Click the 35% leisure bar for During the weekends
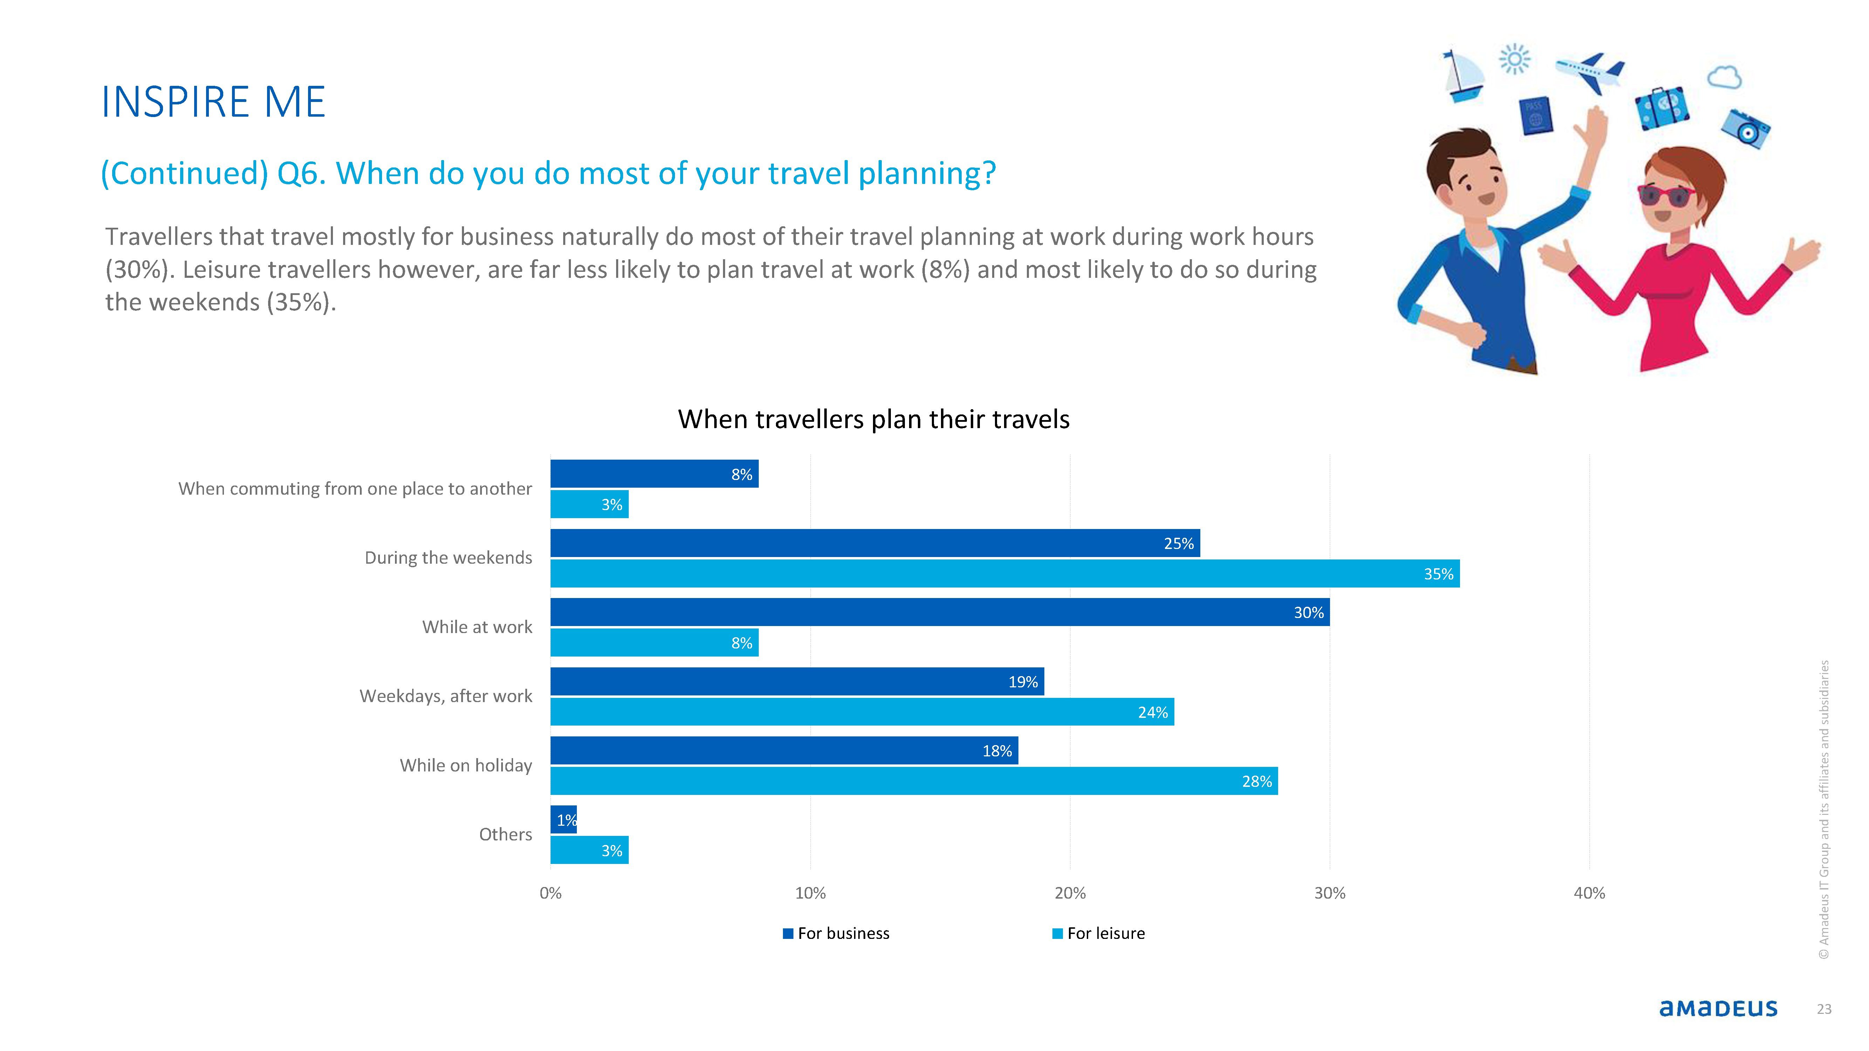[x=1005, y=574]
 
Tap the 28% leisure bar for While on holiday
[x=914, y=781]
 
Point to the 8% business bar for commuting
[x=654, y=474]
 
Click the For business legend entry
[x=836, y=934]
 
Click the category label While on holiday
[x=466, y=765]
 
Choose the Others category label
[x=506, y=834]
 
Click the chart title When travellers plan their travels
[x=874, y=419]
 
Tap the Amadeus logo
[x=1718, y=1008]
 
